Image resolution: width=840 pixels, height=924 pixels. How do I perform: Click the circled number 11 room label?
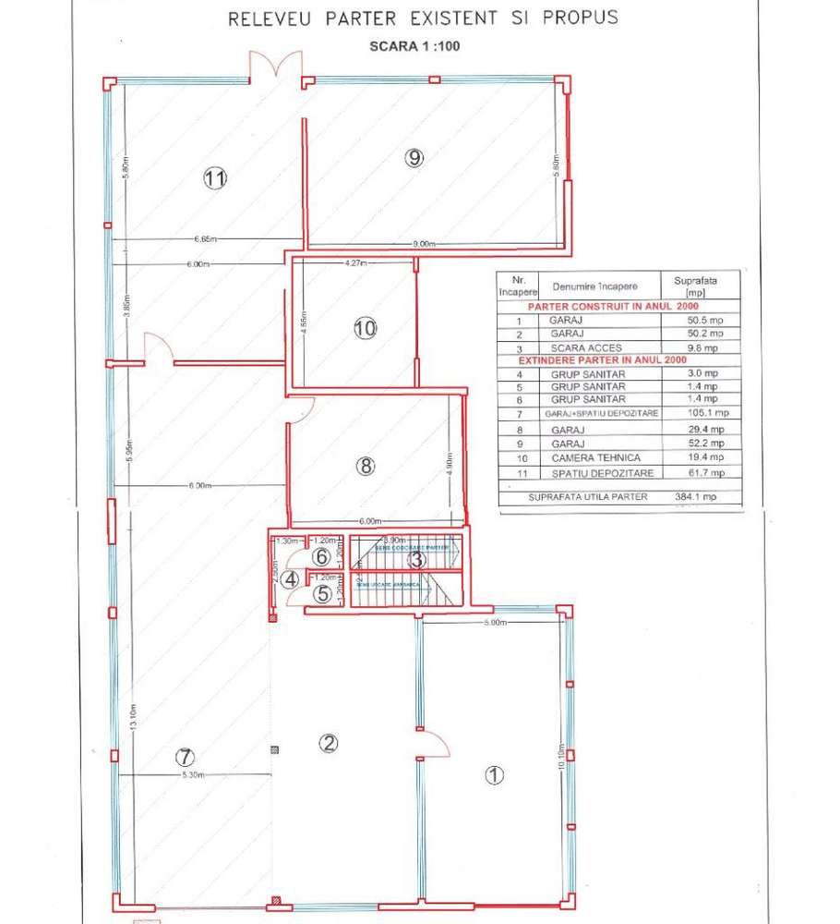coord(215,179)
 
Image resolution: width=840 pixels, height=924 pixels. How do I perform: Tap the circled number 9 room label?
coord(414,157)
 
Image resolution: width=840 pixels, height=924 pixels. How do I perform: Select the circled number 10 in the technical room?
coord(365,327)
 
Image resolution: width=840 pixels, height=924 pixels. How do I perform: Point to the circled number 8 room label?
coord(366,466)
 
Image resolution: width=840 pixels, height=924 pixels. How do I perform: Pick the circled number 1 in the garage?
coord(495,775)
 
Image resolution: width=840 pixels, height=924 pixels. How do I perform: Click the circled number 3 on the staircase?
coord(416,557)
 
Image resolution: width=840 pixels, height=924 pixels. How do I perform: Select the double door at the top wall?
coord(277,68)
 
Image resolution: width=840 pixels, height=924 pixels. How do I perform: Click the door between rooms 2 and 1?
coord(431,745)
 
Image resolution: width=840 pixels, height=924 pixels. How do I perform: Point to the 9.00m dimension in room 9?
coord(424,244)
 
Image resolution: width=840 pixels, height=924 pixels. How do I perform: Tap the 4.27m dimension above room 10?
coord(355,263)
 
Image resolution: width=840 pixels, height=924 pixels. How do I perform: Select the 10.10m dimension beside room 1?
coord(560,760)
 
